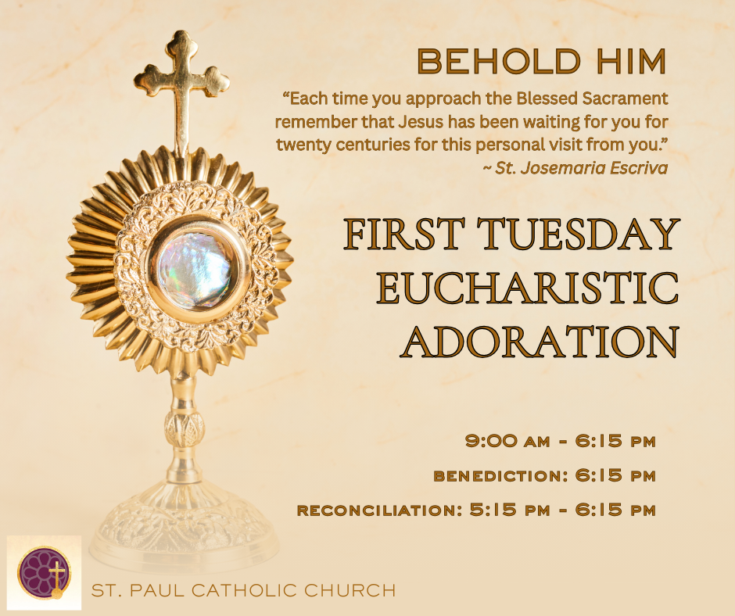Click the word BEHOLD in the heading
point(499,62)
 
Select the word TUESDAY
point(579,233)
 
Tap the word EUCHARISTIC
point(529,288)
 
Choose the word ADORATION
point(540,342)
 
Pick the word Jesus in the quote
point(421,122)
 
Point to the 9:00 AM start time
point(507,441)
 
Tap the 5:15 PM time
point(510,510)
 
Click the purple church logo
point(44,572)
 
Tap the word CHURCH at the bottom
point(350,591)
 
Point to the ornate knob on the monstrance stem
point(185,429)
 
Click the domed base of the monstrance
point(184,525)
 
